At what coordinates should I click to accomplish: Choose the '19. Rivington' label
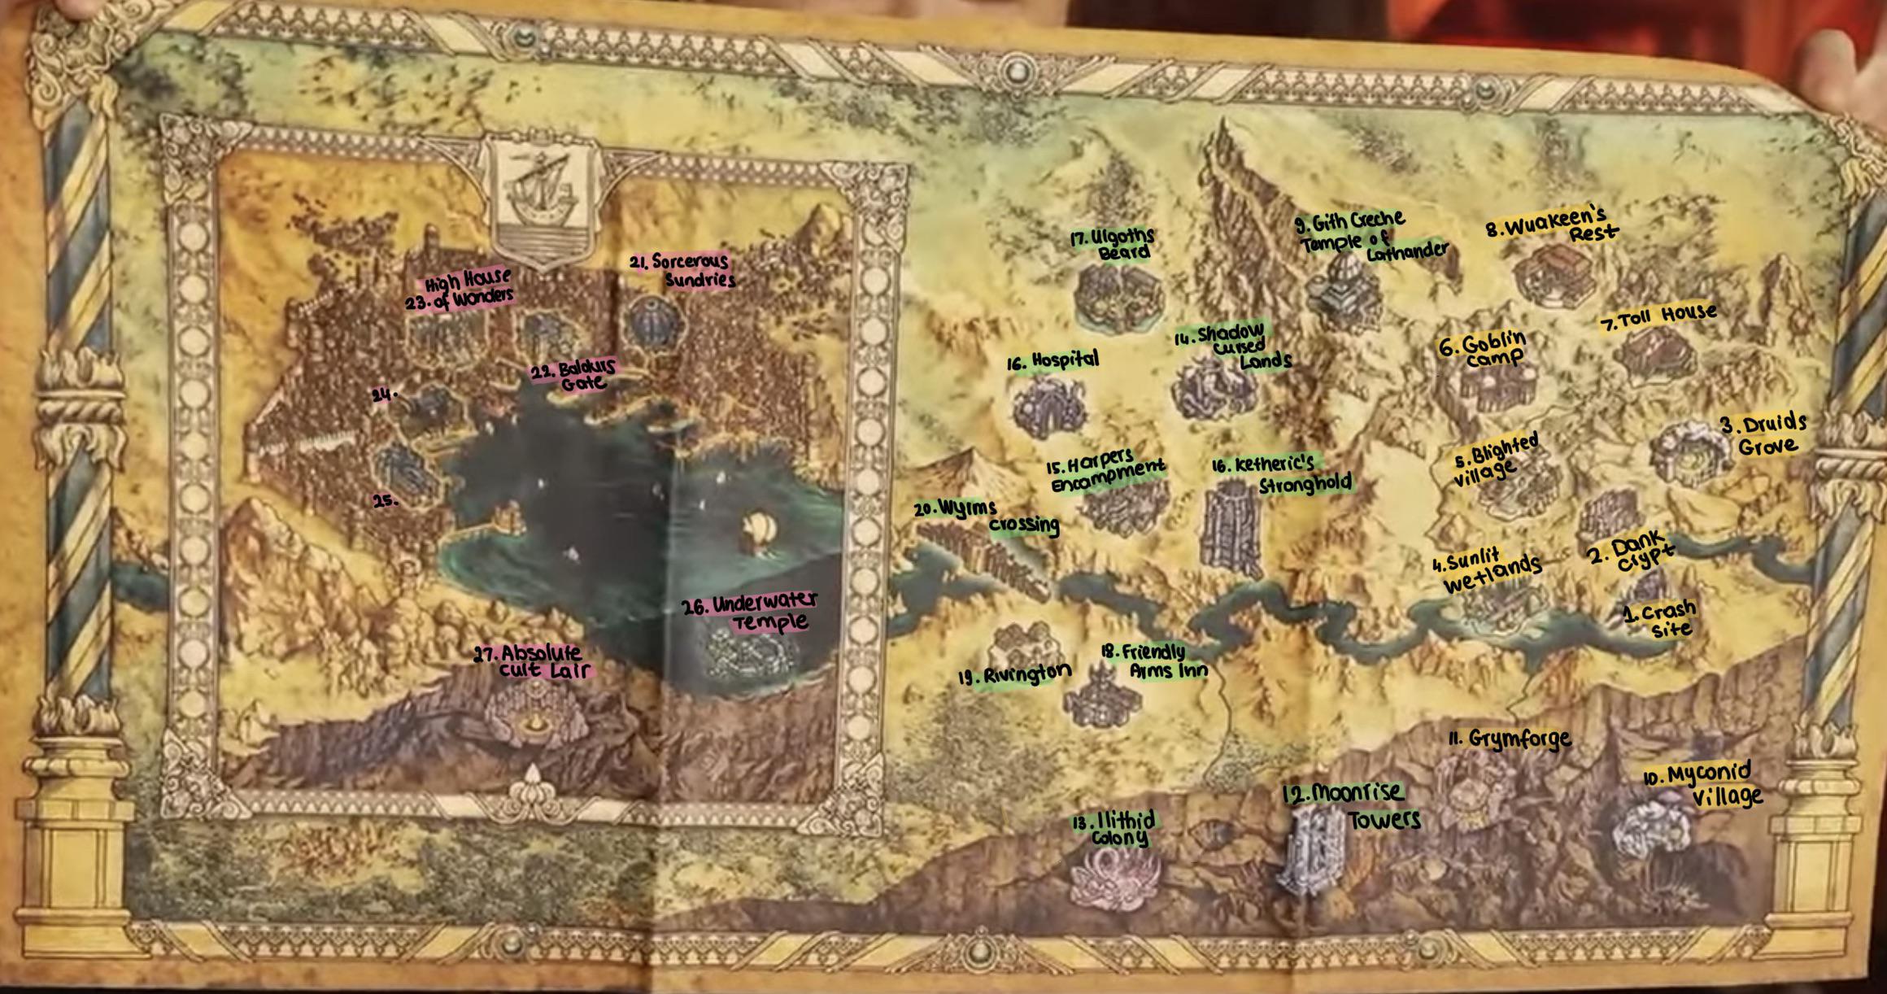point(1014,674)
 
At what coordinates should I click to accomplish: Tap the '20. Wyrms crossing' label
point(987,517)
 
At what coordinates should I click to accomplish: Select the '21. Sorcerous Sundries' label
point(683,271)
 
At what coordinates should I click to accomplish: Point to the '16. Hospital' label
point(1053,360)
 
